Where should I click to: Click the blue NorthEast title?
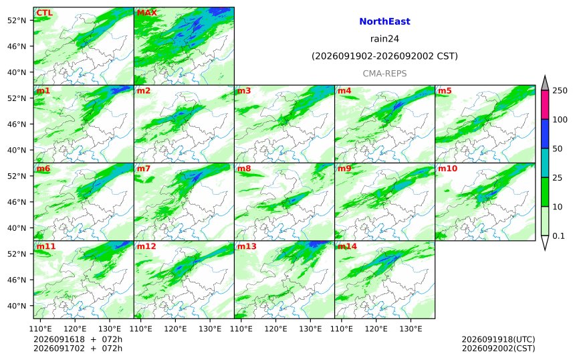[x=384, y=21]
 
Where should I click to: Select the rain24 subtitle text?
[x=384, y=39]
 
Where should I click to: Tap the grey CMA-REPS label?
[x=384, y=74]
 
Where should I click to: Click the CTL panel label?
[x=44, y=13]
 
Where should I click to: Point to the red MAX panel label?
[x=146, y=13]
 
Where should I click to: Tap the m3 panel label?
[x=244, y=90]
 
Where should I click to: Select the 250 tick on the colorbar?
[x=560, y=90]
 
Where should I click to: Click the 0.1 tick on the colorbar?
[x=558, y=236]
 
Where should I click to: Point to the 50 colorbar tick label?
[x=558, y=149]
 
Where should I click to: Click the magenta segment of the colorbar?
[x=545, y=104]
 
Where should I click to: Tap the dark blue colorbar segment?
[x=545, y=134]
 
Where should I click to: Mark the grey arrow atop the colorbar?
[x=545, y=83]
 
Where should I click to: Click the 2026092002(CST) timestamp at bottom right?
[x=498, y=348]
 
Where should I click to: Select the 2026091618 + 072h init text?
[x=78, y=339]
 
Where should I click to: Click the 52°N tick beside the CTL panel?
[x=17, y=20]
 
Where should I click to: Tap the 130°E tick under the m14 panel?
[x=411, y=329]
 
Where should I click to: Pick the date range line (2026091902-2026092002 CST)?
[x=384, y=56]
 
